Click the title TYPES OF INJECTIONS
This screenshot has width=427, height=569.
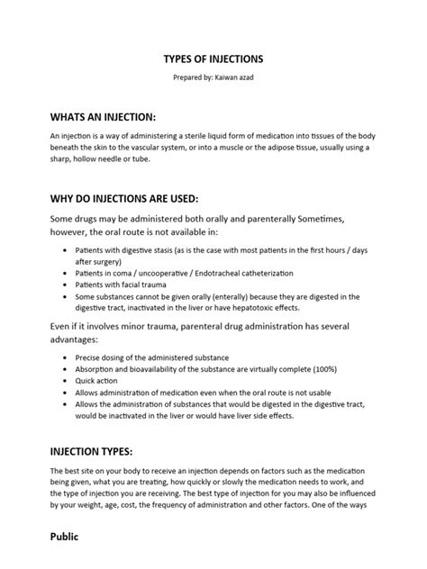coord(213,59)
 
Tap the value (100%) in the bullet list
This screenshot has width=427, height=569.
coord(314,368)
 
